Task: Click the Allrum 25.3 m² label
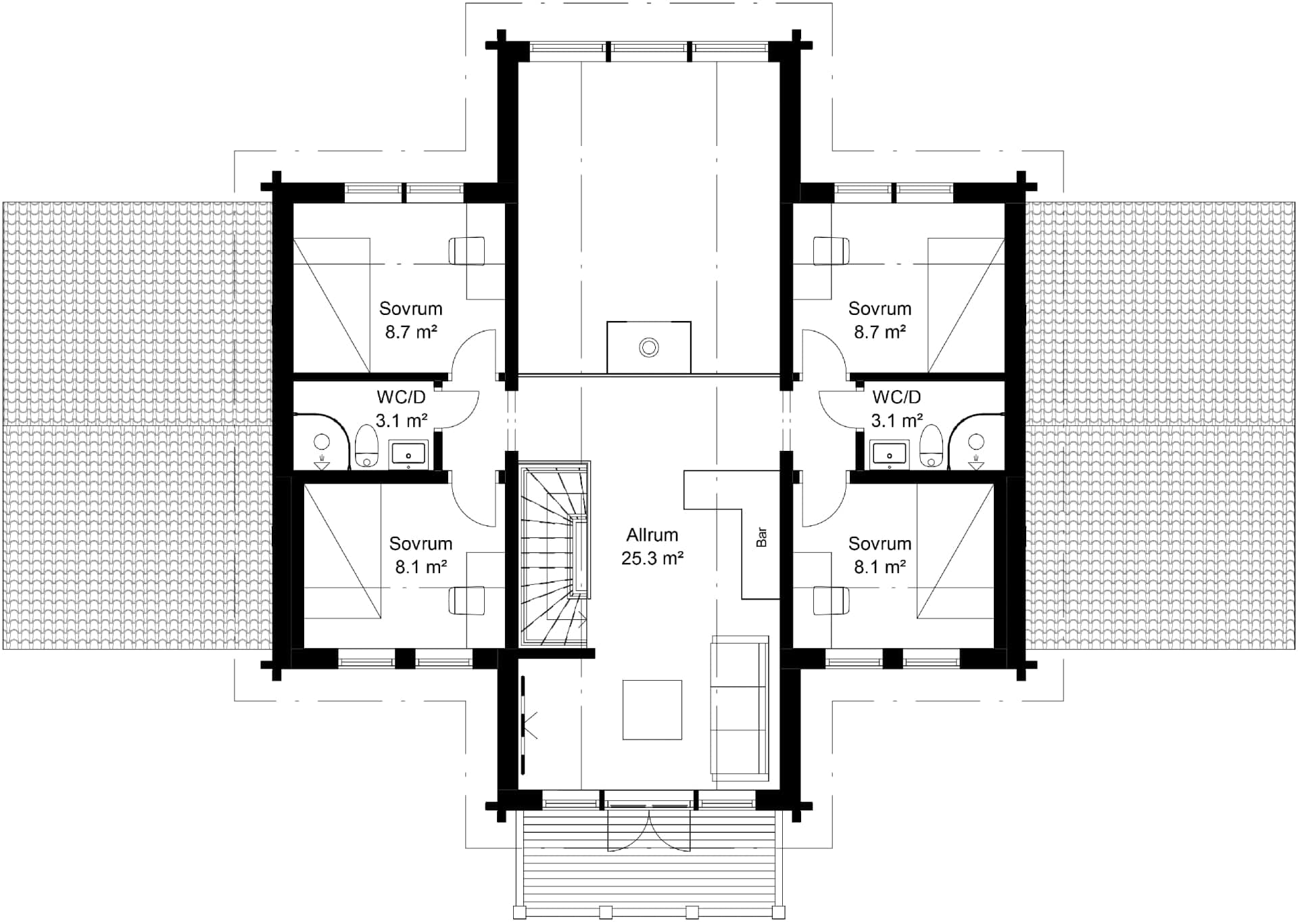(x=652, y=546)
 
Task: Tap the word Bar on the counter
(x=762, y=537)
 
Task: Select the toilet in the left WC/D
(x=366, y=445)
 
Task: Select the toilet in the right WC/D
(x=931, y=445)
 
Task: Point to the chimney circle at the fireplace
(x=649, y=347)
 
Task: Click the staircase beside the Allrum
(x=553, y=554)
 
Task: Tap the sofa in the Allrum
(x=740, y=708)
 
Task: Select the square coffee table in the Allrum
(x=652, y=710)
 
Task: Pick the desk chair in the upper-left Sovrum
(x=466, y=251)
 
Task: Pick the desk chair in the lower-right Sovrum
(x=831, y=600)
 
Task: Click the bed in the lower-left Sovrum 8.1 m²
(x=342, y=550)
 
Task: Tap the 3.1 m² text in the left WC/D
(x=401, y=420)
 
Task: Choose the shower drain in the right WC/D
(x=976, y=464)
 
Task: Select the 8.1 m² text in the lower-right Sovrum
(x=879, y=566)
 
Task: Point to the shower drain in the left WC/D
(x=322, y=464)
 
